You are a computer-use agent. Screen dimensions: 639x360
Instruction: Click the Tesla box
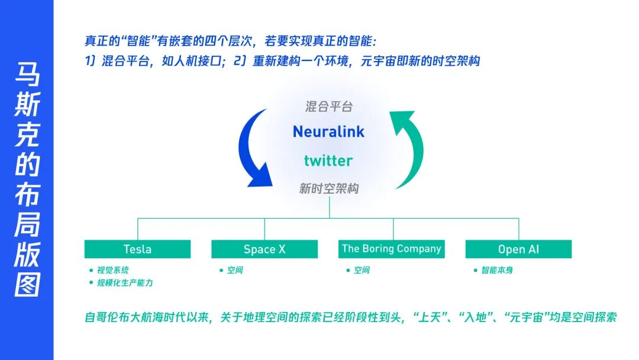pos(137,249)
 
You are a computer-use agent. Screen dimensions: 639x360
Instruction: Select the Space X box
pos(264,249)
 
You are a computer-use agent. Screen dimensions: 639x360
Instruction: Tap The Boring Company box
pos(392,249)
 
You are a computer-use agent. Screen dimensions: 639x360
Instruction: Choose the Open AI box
pos(518,249)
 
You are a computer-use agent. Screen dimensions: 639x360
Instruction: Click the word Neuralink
pos(328,131)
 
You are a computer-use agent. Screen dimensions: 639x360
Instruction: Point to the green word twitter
pos(328,160)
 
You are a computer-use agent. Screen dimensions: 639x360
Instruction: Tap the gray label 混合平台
pos(328,107)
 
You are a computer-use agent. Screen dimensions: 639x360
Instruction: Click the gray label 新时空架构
pos(328,189)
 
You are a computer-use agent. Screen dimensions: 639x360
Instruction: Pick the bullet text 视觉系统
pos(113,271)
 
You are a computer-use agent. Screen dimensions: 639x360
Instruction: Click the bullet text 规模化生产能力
pos(125,283)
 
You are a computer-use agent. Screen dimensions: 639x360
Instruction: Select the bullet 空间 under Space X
pos(235,271)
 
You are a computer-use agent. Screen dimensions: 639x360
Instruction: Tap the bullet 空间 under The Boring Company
pos(362,271)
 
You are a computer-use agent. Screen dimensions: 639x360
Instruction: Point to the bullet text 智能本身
pos(496,271)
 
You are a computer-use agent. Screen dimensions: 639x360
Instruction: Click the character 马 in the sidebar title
pos(28,77)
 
